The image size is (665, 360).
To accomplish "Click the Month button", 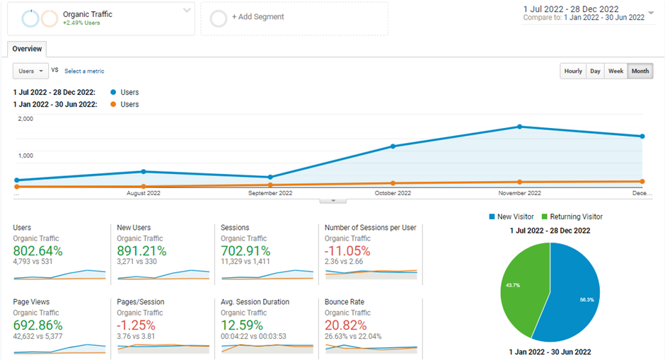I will (640, 71).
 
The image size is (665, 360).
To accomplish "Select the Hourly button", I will (573, 71).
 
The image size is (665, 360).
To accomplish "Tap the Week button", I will (616, 71).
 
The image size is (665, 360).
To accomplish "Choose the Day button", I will (596, 71).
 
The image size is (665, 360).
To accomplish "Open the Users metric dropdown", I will (30, 71).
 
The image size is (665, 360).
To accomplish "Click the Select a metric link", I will (84, 71).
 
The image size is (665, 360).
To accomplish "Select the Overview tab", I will (27, 49).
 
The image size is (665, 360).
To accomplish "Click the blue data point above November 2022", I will (520, 127).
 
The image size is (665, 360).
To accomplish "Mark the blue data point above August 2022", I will (144, 171).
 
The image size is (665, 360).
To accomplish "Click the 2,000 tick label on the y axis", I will (25, 119).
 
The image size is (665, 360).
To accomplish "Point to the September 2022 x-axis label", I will (270, 193).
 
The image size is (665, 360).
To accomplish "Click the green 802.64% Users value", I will (37, 250).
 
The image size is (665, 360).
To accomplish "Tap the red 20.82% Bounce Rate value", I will (347, 325).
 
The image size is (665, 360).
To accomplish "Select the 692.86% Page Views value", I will (37, 325).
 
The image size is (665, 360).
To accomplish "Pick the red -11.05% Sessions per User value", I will (348, 250).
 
